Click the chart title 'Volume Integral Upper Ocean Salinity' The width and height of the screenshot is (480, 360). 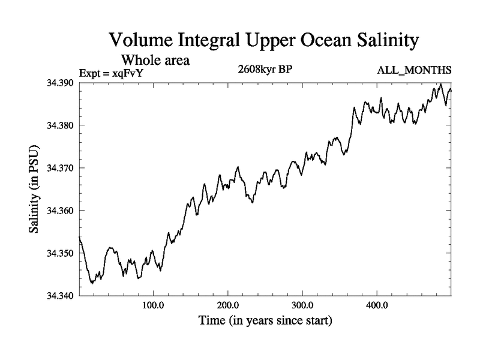coord(263,41)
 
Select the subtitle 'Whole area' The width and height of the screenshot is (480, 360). coord(156,60)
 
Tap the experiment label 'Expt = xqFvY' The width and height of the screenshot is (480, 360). coord(112,73)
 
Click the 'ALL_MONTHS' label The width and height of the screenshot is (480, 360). coord(414,71)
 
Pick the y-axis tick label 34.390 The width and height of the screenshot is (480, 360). coord(61,83)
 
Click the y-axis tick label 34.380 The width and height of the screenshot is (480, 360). coord(61,125)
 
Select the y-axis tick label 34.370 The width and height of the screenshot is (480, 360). coord(61,168)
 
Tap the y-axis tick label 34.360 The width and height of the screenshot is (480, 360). coord(61,211)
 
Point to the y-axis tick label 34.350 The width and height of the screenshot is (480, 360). coord(61,253)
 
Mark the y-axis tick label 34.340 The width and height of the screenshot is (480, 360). coord(61,296)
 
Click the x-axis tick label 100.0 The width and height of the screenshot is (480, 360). coord(154,305)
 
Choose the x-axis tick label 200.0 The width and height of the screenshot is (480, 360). coord(228,305)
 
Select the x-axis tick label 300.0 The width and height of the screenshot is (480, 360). coord(302,305)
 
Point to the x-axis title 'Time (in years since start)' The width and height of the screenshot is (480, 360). coord(265,321)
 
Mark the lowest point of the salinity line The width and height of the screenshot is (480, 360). coord(92,283)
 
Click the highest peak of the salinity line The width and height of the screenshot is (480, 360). coord(441,84)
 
